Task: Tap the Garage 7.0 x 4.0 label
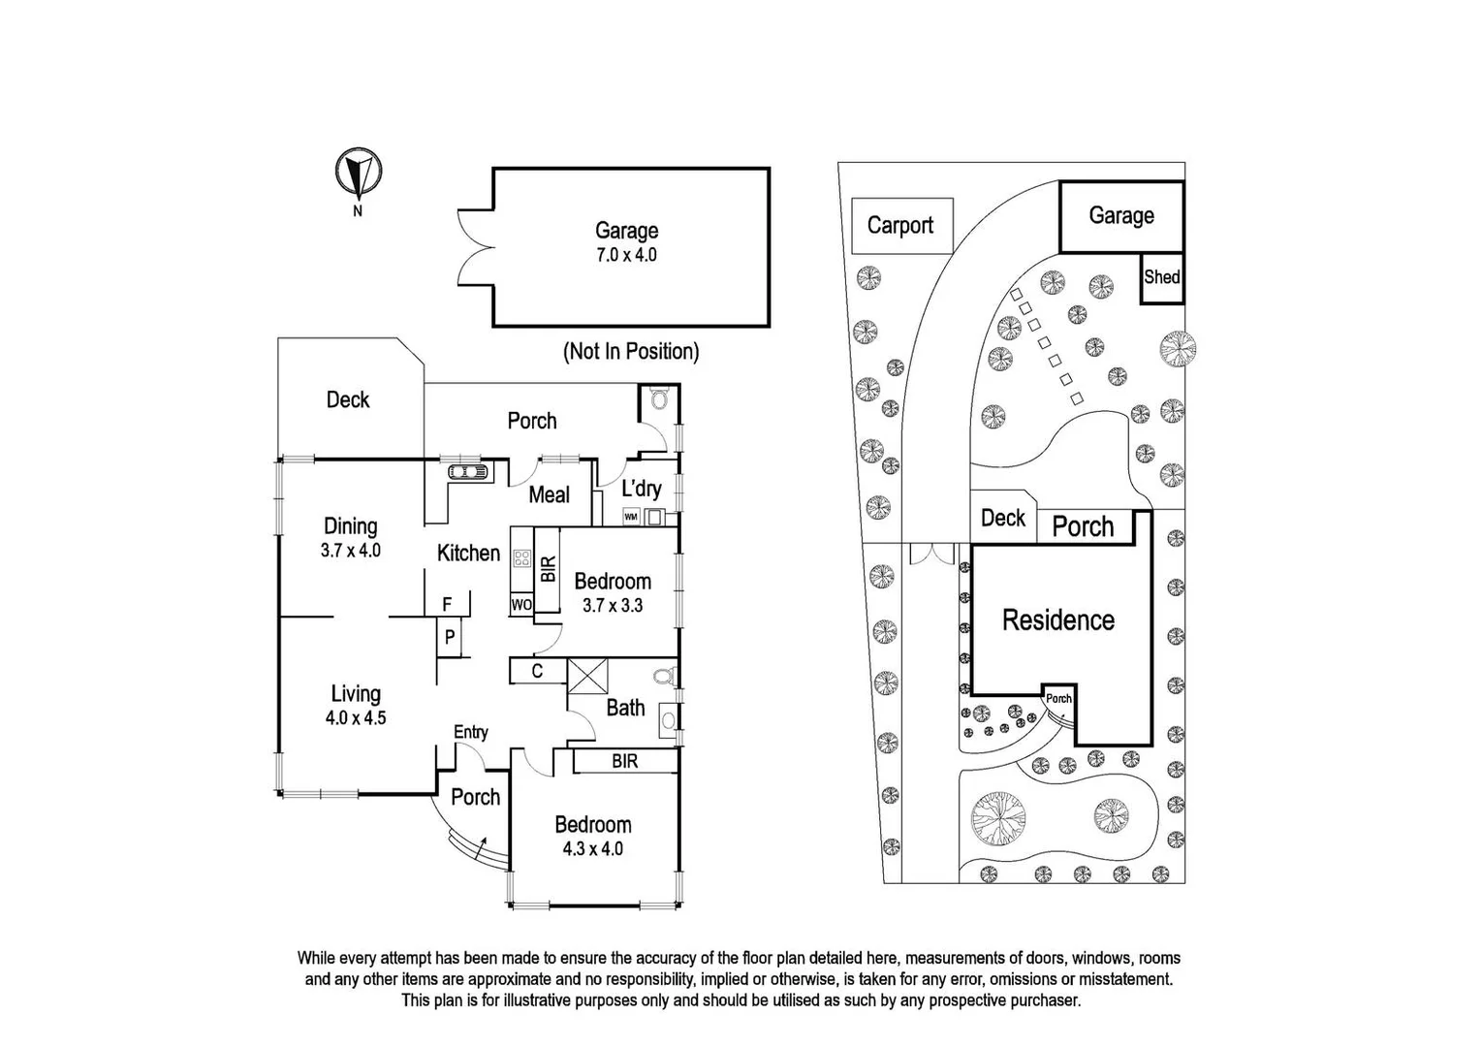click(x=626, y=242)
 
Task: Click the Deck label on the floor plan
click(x=347, y=399)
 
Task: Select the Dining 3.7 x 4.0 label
click(x=350, y=537)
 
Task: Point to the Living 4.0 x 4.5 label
click(x=356, y=705)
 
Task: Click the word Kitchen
click(x=468, y=553)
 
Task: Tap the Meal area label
click(x=549, y=494)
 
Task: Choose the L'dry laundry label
click(x=641, y=488)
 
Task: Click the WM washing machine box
click(x=631, y=517)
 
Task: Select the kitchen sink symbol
click(x=470, y=472)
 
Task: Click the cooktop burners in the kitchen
click(x=521, y=558)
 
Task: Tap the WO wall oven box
click(x=520, y=605)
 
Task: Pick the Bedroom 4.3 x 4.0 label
click(x=592, y=836)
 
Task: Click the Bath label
click(x=625, y=708)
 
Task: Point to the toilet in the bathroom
click(x=664, y=676)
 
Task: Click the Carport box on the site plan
click(x=900, y=226)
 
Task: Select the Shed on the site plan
click(x=1161, y=277)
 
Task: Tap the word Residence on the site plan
click(x=1057, y=620)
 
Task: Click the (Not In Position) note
click(x=631, y=351)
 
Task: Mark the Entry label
click(x=471, y=732)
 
